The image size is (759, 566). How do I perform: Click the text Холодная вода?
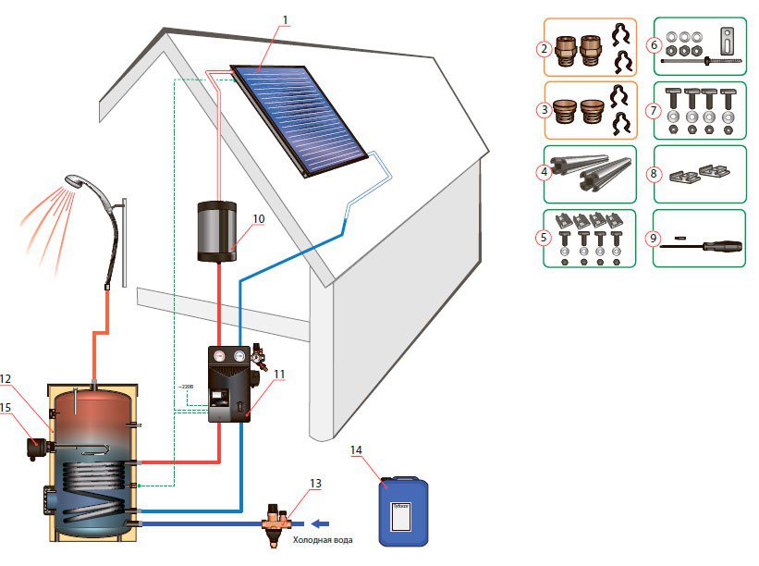click(323, 540)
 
